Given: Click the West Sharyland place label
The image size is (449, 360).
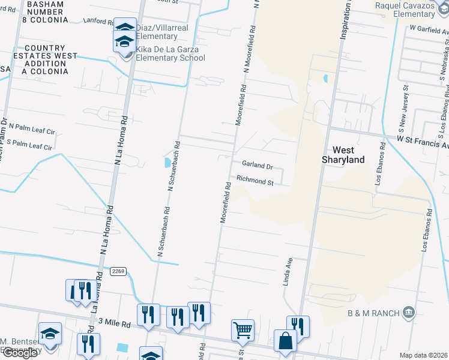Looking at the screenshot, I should point(343,155).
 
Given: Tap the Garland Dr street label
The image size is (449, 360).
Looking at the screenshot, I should point(257,164).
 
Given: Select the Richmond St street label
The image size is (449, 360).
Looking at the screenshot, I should point(255,179).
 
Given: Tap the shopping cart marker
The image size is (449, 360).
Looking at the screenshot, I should point(243,329).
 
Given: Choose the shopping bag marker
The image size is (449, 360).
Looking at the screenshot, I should point(285,341).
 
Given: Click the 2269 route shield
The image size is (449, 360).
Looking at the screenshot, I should point(118,272).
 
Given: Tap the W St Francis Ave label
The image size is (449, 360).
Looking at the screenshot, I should point(422,140).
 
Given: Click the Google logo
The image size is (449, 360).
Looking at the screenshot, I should point(19,353).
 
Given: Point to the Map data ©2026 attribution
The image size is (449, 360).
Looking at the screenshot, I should point(424,355).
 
